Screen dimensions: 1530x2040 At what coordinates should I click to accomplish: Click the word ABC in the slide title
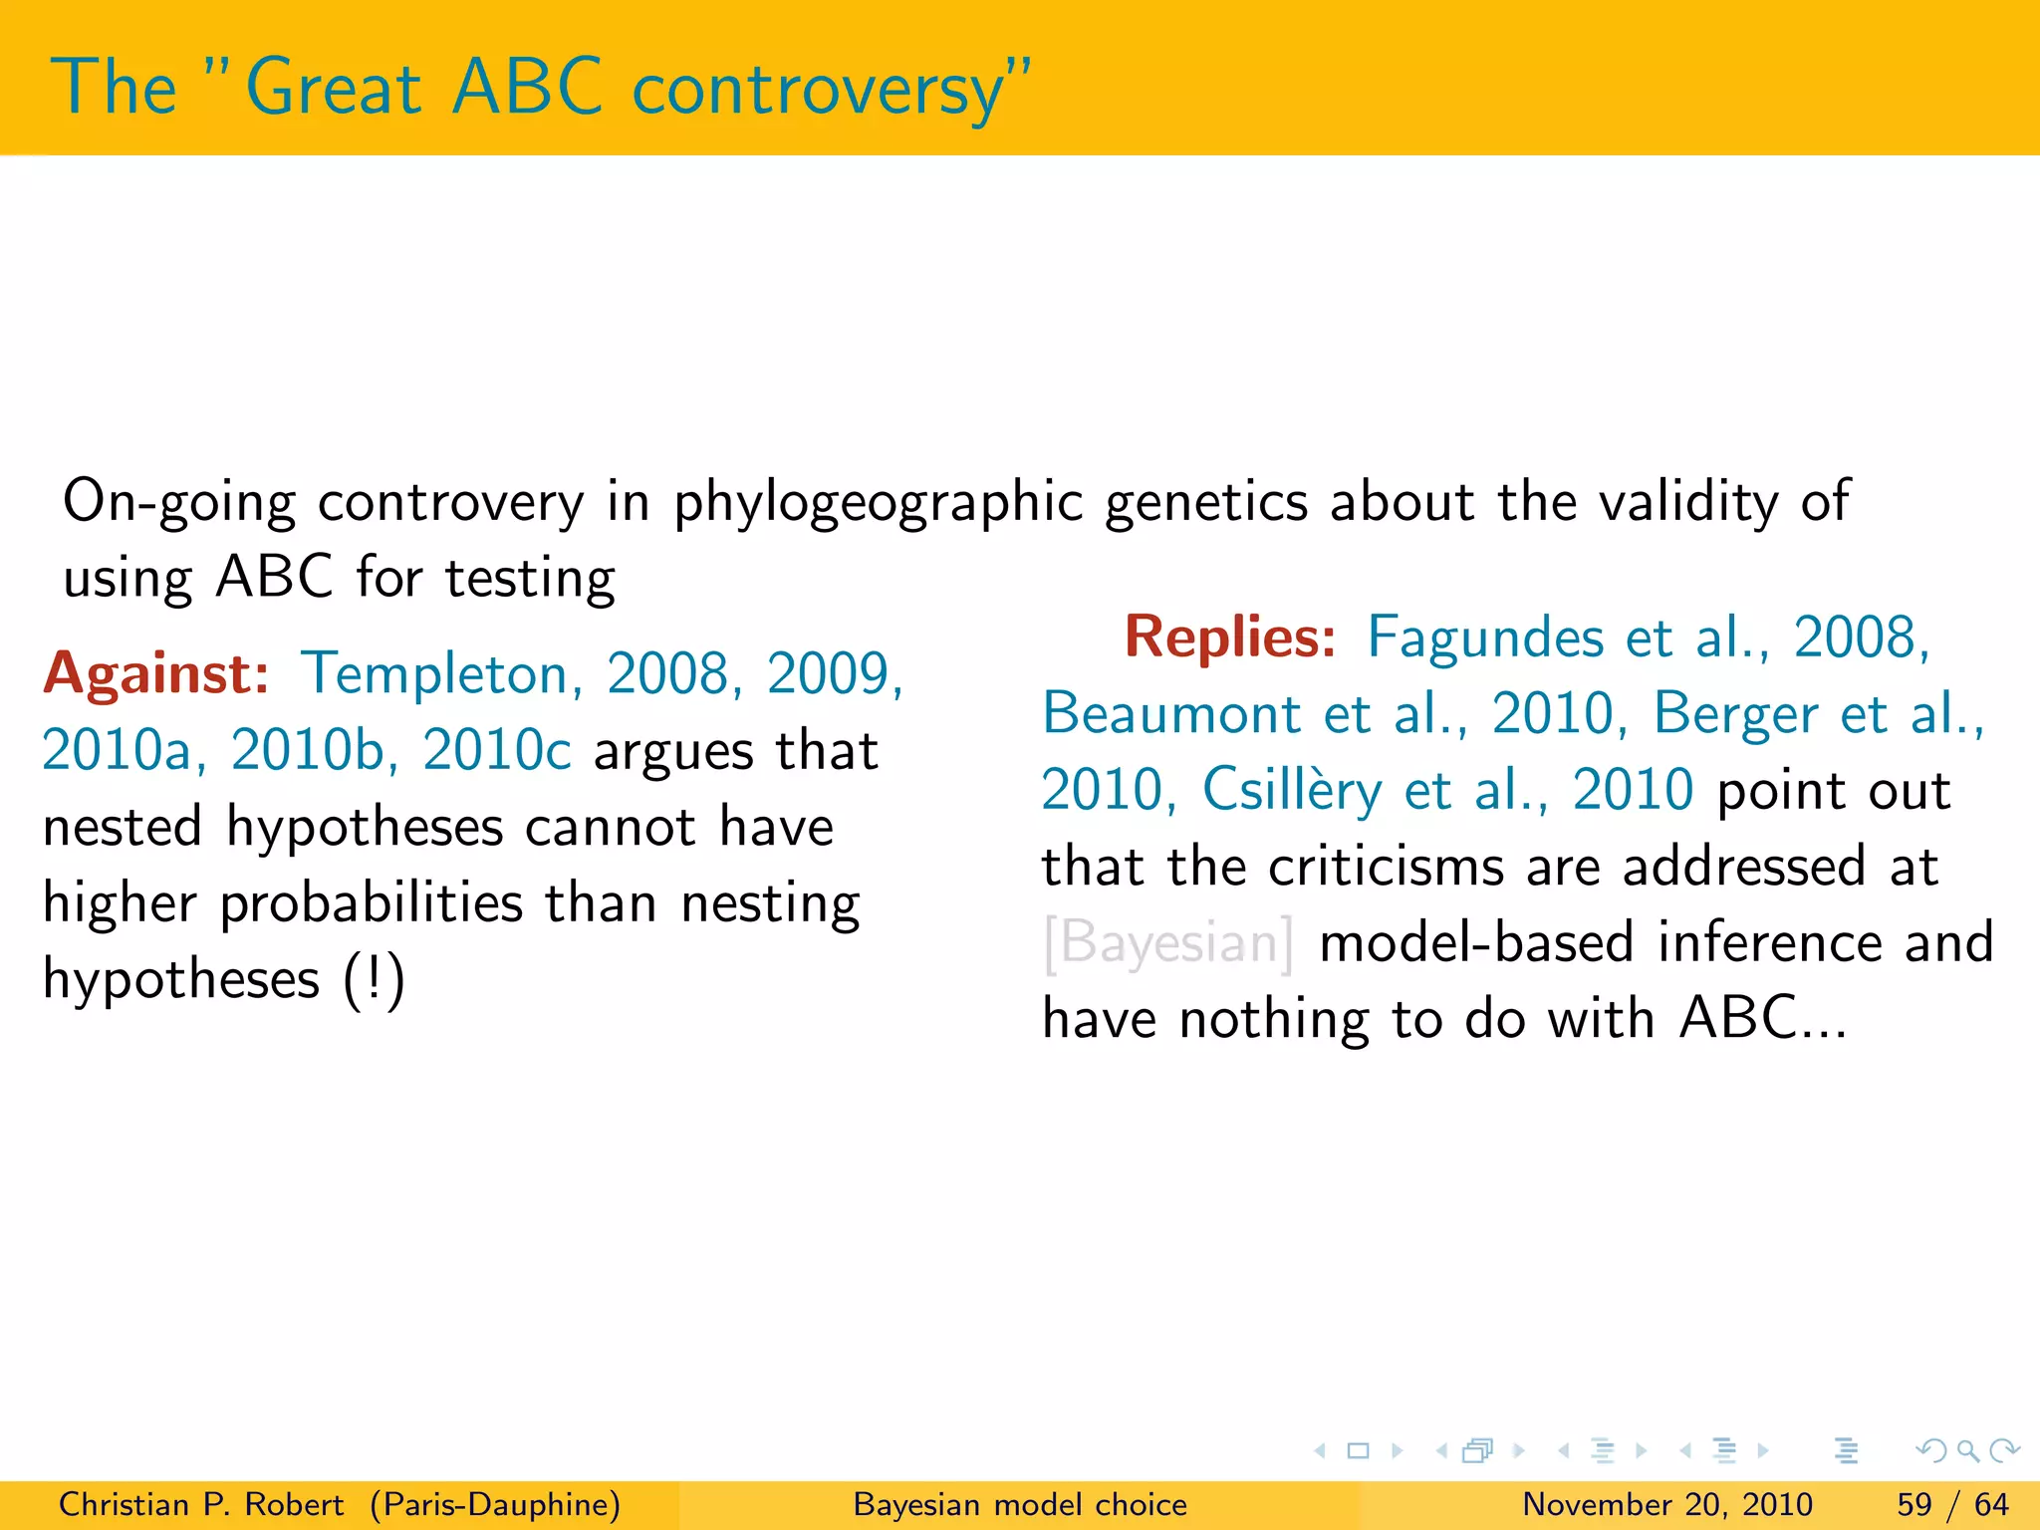526,88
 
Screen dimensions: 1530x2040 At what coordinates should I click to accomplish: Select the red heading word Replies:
1229,637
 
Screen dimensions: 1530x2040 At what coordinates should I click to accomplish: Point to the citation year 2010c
496,750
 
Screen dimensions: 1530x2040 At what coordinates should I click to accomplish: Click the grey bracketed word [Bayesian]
1167,942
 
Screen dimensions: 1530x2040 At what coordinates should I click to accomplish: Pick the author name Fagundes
1484,637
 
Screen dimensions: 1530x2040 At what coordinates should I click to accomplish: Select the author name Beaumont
1171,714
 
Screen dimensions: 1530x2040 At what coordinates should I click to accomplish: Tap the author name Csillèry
1292,790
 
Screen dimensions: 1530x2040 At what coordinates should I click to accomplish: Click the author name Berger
1735,714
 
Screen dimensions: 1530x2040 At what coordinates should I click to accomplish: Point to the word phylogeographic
878,501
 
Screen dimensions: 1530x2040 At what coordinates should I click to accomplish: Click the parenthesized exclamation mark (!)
374,979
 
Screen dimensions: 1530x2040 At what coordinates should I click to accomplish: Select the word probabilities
371,903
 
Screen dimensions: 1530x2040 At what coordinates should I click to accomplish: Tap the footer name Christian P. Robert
200,1504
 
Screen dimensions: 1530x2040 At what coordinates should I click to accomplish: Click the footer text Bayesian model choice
1020,1504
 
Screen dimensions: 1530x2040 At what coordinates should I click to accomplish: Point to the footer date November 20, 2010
1666,1504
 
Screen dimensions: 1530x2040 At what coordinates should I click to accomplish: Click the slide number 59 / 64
1952,1504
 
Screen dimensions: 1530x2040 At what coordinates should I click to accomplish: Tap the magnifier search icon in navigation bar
1967,1450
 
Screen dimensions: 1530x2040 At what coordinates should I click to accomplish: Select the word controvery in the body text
450,501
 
